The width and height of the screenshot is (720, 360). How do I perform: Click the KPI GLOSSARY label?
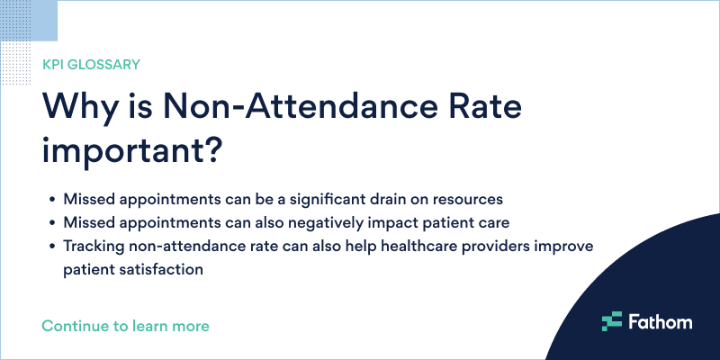(x=90, y=64)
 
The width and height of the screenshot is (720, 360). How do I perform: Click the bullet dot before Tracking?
(x=52, y=247)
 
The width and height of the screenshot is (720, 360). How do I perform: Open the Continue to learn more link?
(x=125, y=325)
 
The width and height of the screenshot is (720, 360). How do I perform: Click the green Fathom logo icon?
(x=612, y=320)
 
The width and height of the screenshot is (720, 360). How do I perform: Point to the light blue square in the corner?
(x=29, y=20)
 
